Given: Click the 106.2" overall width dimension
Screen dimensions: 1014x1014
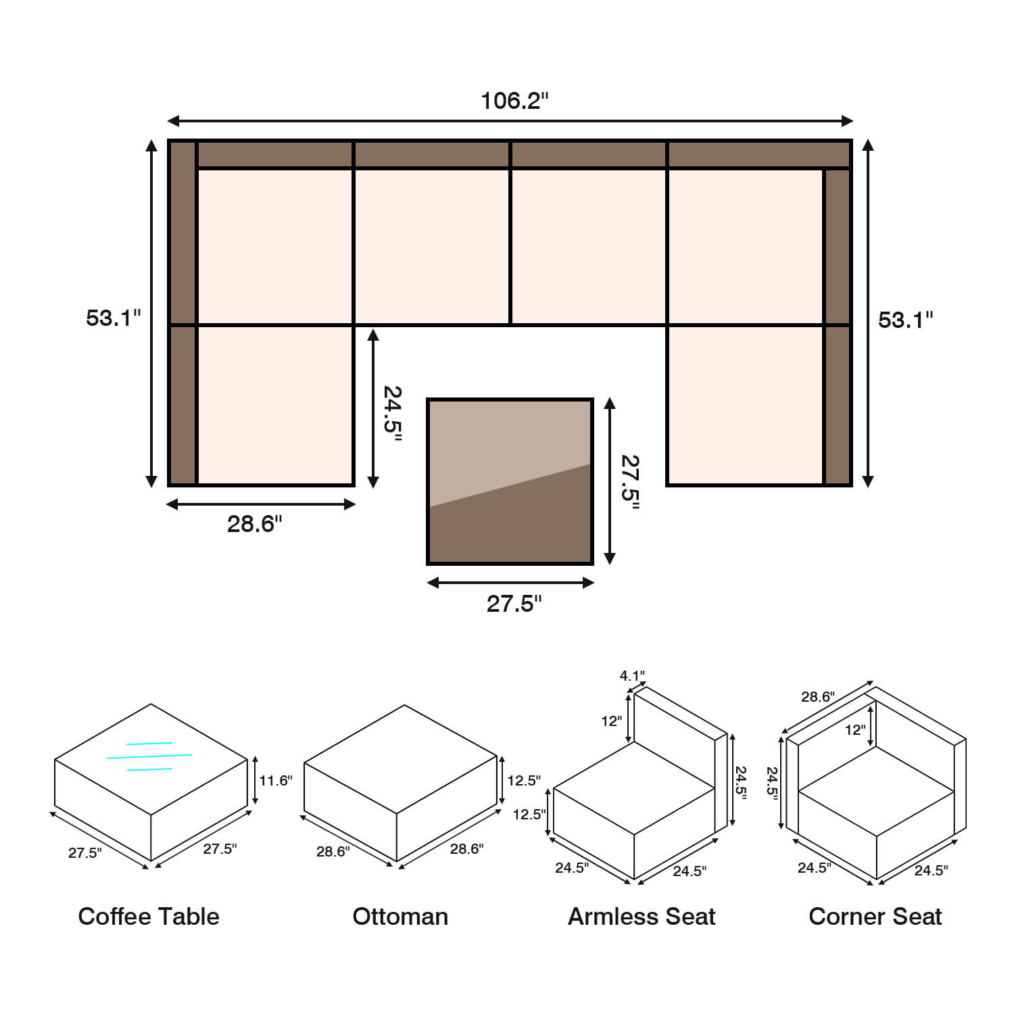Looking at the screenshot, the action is (514, 101).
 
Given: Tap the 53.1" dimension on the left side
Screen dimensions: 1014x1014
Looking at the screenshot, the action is (114, 318).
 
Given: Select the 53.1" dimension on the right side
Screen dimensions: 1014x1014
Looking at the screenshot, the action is (906, 320).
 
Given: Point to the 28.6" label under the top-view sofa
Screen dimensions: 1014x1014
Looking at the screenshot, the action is (255, 524).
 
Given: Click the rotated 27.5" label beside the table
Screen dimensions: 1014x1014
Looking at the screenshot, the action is (630, 482).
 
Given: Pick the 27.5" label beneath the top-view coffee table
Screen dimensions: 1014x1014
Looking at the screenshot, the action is (514, 604).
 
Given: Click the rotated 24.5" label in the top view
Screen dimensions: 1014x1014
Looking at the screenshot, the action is (393, 413).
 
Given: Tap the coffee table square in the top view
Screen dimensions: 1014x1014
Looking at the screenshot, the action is (510, 481).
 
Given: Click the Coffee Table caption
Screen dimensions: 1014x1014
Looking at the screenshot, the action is (149, 917).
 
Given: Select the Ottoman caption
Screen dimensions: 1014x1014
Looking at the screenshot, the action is (400, 917).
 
